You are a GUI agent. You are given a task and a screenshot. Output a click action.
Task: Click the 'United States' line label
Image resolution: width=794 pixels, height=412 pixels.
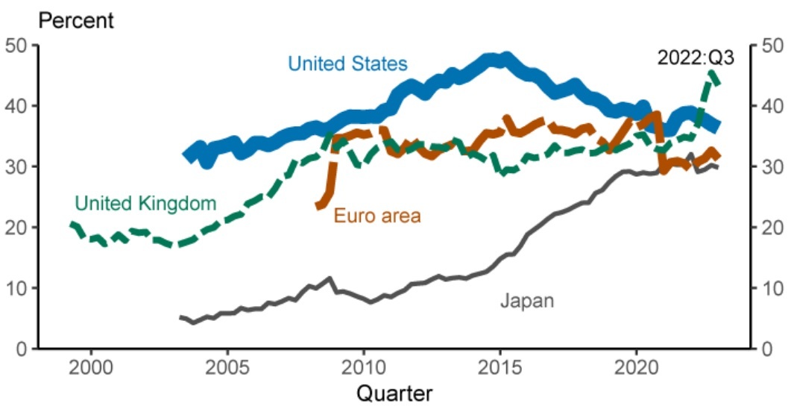pyautogui.click(x=347, y=63)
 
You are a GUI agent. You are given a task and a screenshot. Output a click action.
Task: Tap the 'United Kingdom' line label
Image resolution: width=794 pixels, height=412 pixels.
pyautogui.click(x=145, y=202)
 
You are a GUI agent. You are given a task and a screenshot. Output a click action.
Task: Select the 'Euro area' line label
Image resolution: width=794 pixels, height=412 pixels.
pyautogui.click(x=377, y=216)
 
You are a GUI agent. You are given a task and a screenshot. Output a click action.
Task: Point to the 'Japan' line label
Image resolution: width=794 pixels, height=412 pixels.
pyautogui.click(x=527, y=301)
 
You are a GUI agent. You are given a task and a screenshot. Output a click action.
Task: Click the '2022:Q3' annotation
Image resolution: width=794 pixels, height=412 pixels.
pyautogui.click(x=696, y=57)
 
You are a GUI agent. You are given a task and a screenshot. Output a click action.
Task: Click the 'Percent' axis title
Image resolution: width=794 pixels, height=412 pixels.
pyautogui.click(x=76, y=20)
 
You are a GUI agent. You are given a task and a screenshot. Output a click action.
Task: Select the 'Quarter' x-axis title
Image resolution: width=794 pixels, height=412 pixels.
pyautogui.click(x=394, y=393)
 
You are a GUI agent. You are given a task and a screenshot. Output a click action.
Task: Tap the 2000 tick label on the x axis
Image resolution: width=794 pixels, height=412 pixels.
pyautogui.click(x=92, y=367)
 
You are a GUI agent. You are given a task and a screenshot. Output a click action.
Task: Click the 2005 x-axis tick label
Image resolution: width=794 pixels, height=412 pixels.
pyautogui.click(x=227, y=367)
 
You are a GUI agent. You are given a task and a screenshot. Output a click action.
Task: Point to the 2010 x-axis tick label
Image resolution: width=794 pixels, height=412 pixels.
pyautogui.click(x=364, y=367)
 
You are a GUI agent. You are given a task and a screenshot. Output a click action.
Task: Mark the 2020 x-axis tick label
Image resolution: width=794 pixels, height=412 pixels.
pyautogui.click(x=636, y=367)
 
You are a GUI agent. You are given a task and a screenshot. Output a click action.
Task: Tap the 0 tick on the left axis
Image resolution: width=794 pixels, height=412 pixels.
pyautogui.click(x=22, y=349)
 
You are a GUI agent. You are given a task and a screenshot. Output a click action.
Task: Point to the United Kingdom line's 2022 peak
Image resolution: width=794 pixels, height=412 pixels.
pyautogui.click(x=712, y=73)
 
